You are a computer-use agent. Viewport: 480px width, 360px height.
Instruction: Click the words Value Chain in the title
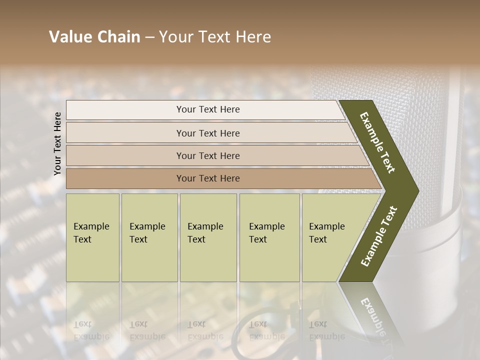[94, 37]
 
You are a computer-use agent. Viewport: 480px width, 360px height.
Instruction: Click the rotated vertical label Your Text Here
[57, 143]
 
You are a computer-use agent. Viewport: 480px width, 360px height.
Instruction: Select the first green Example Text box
[92, 237]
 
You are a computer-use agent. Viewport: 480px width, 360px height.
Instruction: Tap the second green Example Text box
[149, 237]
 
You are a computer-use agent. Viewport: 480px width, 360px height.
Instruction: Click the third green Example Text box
[208, 237]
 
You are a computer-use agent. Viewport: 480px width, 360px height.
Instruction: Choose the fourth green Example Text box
[269, 237]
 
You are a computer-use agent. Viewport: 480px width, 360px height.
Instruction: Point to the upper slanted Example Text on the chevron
[377, 142]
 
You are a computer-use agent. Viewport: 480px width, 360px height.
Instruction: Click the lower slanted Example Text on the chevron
[378, 236]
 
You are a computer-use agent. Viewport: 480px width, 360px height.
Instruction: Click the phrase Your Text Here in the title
[215, 37]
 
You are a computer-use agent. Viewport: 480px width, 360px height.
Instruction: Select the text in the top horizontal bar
[208, 109]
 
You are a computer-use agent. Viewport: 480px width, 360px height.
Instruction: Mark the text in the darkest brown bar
[208, 178]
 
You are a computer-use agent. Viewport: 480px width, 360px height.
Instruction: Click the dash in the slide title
[149, 37]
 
